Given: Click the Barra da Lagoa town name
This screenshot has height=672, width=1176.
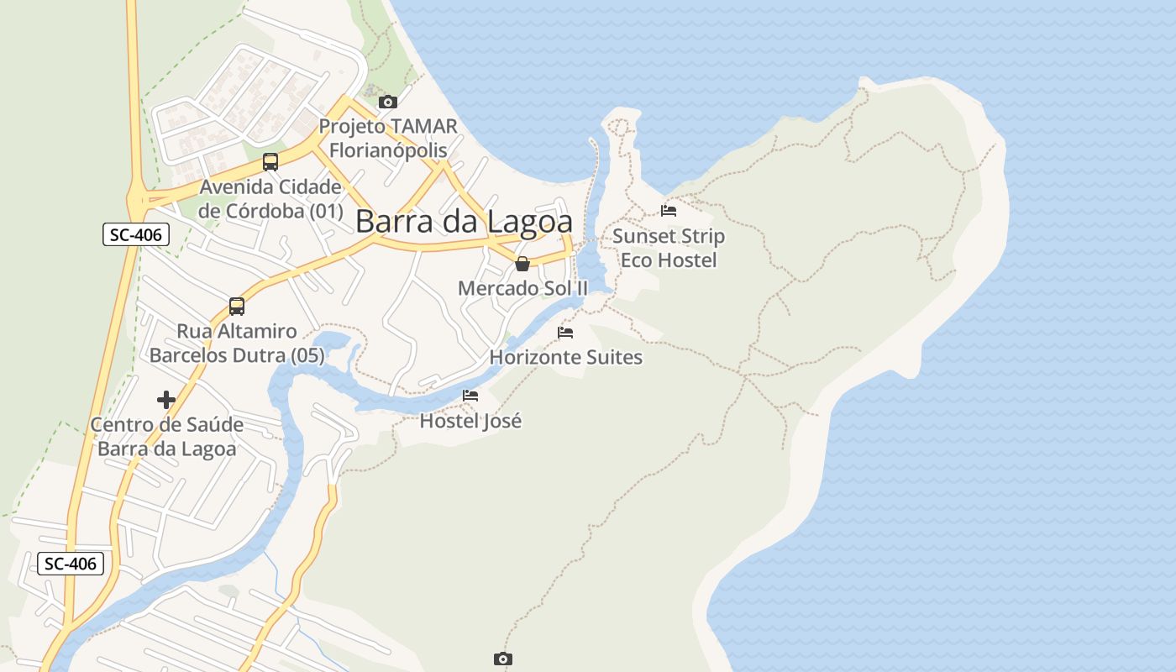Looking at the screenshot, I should [464, 222].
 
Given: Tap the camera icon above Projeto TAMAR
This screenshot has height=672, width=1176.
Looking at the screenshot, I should [387, 102].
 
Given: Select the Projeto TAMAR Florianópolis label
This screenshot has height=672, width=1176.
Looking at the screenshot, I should [387, 139].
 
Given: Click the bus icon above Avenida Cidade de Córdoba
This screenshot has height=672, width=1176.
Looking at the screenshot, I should [270, 162].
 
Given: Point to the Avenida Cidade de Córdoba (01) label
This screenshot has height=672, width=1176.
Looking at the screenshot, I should [270, 199].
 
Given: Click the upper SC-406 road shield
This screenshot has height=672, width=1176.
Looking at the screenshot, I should [136, 234].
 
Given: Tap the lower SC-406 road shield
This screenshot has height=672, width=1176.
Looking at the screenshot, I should [71, 564].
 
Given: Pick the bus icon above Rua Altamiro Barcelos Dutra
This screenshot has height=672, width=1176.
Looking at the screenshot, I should [237, 307].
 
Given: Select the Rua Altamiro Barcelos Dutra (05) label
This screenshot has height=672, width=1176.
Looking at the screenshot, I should [237, 344].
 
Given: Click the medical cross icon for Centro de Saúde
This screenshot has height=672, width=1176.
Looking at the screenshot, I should [166, 400].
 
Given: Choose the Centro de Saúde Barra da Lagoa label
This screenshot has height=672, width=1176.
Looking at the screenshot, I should [167, 437].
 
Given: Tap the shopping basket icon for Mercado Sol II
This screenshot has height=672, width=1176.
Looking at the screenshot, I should [522, 265].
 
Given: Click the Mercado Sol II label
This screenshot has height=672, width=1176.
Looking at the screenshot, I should [522, 288].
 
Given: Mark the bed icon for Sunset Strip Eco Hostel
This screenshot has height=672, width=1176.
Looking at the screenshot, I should [669, 211].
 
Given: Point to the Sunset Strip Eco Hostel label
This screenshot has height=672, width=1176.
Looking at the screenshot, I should [669, 248].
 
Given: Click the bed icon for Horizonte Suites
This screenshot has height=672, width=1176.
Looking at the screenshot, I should [565, 333].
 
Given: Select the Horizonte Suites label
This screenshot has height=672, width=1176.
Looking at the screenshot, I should [565, 358].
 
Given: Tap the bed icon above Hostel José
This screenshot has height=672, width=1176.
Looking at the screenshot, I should [470, 396].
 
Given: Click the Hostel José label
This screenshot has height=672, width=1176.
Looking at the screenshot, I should [470, 421].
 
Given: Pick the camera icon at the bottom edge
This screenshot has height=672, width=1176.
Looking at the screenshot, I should [502, 659].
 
